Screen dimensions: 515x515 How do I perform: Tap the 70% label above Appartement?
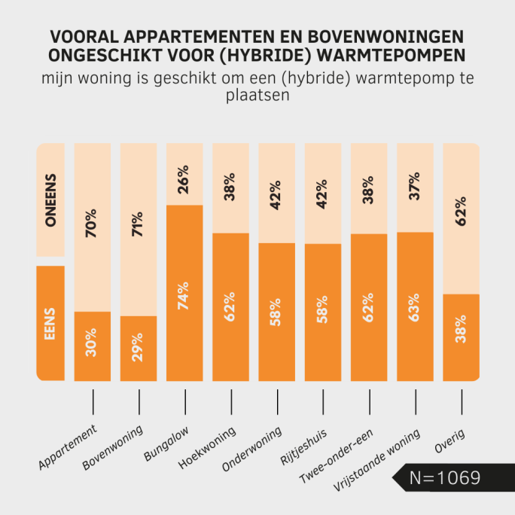(93, 224)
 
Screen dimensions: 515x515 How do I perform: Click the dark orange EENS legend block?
(50, 323)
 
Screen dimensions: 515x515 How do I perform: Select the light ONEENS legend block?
(50, 200)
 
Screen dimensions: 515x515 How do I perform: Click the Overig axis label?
(449, 440)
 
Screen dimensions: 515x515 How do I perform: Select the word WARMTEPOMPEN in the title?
(403, 55)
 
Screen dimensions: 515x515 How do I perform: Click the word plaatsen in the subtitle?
(257, 96)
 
